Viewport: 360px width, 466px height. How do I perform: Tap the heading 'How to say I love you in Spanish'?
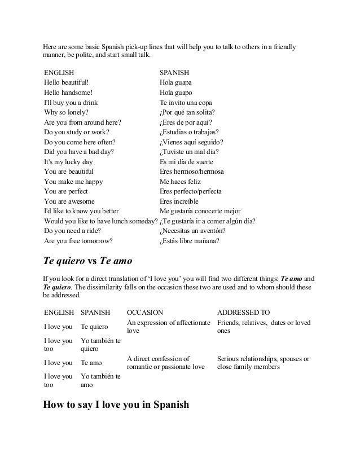click(116, 405)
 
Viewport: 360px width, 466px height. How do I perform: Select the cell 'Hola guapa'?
click(176, 82)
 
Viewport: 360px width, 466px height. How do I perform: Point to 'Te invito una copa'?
click(186, 103)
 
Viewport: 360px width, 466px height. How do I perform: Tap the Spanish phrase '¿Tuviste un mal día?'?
click(189, 151)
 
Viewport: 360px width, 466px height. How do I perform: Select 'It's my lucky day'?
click(68, 161)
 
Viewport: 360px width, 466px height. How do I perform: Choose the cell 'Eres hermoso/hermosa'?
click(192, 172)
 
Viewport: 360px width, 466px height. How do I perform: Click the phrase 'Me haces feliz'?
click(181, 182)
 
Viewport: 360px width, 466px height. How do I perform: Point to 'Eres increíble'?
click(179, 201)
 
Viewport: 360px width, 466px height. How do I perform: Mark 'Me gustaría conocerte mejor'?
click(200, 211)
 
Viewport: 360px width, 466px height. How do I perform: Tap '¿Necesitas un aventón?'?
click(193, 231)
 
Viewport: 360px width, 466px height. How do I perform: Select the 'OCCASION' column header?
click(145, 312)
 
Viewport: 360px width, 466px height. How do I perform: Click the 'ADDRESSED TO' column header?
click(244, 312)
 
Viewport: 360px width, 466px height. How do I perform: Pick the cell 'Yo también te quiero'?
click(100, 345)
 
